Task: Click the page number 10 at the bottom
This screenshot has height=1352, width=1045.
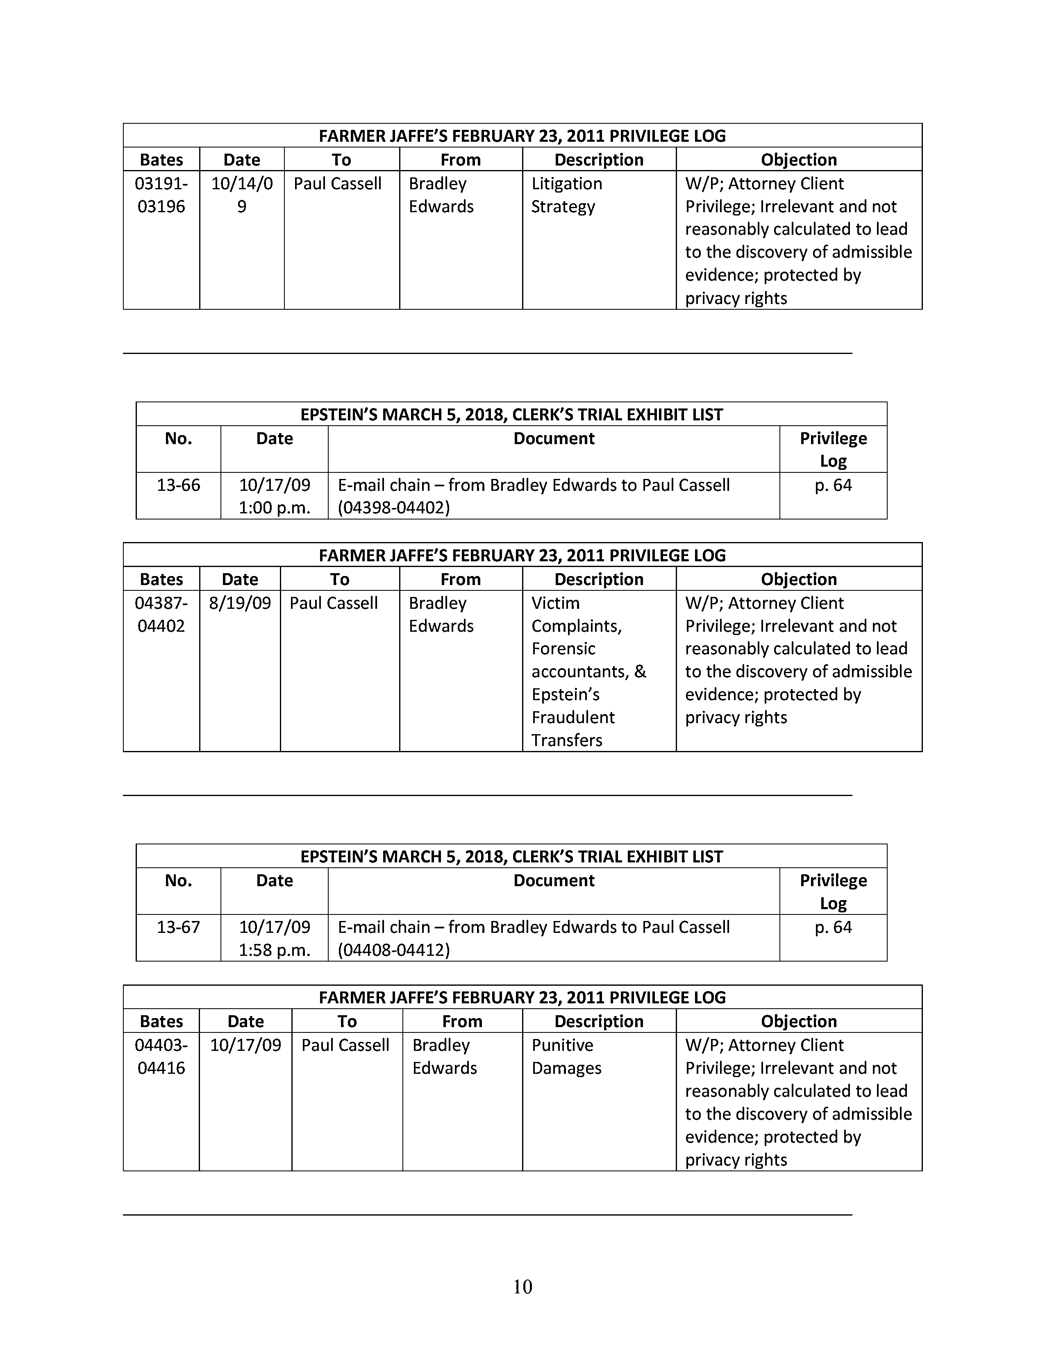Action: click(x=522, y=1286)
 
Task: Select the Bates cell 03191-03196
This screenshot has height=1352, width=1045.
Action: click(x=161, y=195)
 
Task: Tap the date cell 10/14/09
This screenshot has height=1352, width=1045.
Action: click(x=241, y=195)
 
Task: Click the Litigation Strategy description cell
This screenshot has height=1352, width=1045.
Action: click(x=566, y=195)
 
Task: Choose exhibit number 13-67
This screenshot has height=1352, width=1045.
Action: click(x=178, y=927)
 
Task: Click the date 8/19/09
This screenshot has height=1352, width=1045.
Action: click(x=240, y=603)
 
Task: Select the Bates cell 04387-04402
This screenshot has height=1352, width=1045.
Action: click(x=161, y=615)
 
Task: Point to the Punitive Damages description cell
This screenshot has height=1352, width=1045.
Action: click(x=566, y=1057)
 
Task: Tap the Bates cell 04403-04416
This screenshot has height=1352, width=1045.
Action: click(x=161, y=1057)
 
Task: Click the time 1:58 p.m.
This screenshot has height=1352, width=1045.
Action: click(x=274, y=950)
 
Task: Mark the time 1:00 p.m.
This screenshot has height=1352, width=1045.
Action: click(x=274, y=508)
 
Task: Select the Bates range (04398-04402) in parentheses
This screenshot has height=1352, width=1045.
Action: click(x=394, y=508)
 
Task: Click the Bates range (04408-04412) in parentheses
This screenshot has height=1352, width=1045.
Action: click(x=394, y=950)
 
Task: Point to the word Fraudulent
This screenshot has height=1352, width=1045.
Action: click(x=572, y=717)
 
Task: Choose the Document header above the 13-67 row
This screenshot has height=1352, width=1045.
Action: click(x=554, y=880)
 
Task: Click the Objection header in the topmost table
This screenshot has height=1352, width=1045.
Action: click(x=799, y=160)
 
